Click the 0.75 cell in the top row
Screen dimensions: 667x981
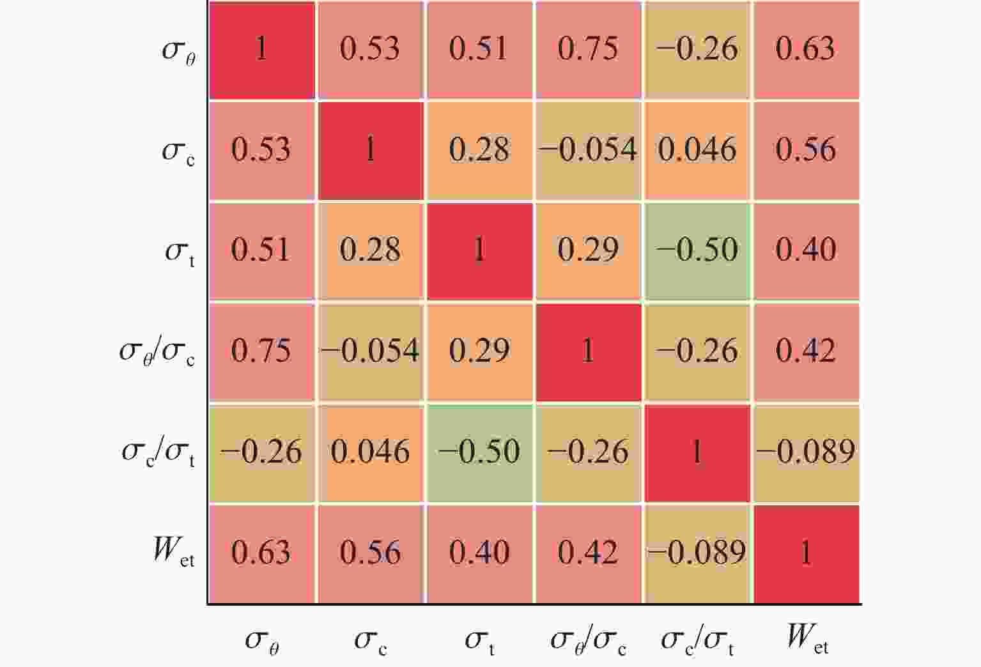click(x=588, y=49)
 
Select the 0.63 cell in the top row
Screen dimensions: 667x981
click(x=805, y=49)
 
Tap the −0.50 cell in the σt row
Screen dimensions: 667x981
click(x=697, y=250)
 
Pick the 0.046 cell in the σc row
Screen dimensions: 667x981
click(x=697, y=149)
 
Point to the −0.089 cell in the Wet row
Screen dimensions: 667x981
click(x=697, y=553)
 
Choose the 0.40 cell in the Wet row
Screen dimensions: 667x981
click(x=479, y=553)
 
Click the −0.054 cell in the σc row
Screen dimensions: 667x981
click(x=588, y=149)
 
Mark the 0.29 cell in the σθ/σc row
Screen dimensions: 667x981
click(x=479, y=351)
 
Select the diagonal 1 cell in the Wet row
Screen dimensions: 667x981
click(x=805, y=553)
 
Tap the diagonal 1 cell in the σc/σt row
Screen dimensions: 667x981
click(x=697, y=452)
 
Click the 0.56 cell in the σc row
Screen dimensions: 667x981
click(x=805, y=149)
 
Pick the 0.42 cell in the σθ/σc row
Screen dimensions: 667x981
click(x=805, y=351)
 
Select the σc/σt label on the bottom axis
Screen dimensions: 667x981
click(x=697, y=640)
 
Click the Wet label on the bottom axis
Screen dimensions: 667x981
click(x=807, y=638)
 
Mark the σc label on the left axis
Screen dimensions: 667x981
click(x=178, y=151)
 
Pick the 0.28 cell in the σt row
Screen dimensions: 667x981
click(x=371, y=250)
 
